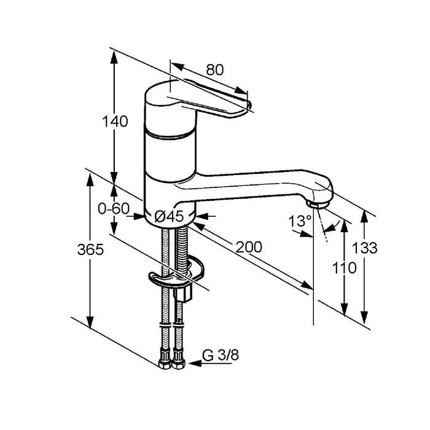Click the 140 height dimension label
(115, 122)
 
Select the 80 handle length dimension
(215, 69)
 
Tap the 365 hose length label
(90, 249)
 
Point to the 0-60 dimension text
(114, 209)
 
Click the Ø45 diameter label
(169, 216)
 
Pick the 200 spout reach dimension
(249, 247)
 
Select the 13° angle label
(300, 221)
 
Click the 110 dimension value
(345, 268)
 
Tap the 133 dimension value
(364, 248)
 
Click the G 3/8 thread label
(221, 356)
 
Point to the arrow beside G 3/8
(210, 364)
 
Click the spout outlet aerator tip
(318, 205)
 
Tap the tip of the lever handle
(249, 105)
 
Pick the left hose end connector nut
(165, 359)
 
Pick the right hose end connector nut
(179, 359)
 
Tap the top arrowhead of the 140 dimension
(114, 57)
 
